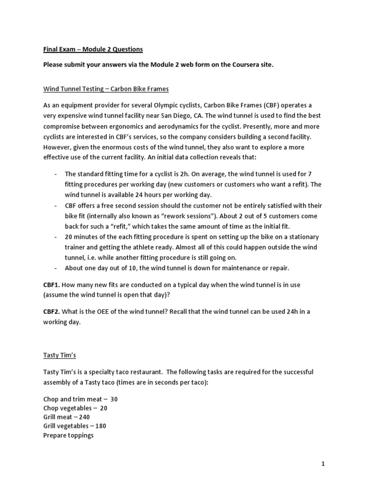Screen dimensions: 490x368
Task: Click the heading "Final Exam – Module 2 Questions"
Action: click(x=93, y=49)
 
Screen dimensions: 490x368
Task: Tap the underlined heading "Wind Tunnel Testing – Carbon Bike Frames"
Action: click(x=106, y=89)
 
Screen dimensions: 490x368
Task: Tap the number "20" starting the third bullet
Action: click(x=69, y=237)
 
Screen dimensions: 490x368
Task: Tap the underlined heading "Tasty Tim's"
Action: click(x=59, y=356)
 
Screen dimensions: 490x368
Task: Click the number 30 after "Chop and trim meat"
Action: click(x=114, y=399)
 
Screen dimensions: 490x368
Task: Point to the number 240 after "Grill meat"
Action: click(x=84, y=417)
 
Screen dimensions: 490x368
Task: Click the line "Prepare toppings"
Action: click(x=68, y=435)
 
